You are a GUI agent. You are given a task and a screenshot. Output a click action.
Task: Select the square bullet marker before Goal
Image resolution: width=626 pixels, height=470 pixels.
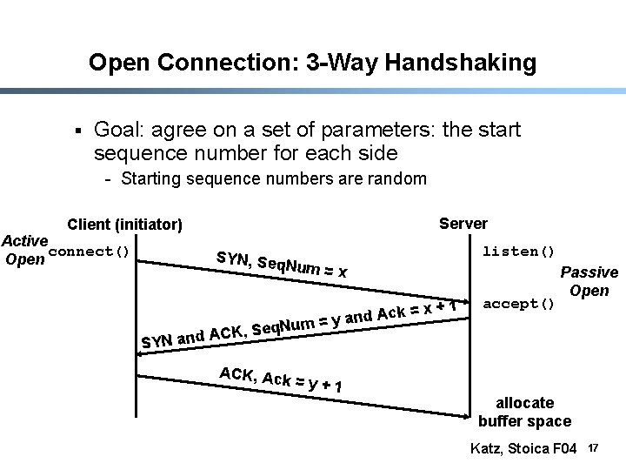tap(77, 131)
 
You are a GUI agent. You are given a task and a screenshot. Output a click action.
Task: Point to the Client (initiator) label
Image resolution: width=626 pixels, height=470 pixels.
tap(125, 225)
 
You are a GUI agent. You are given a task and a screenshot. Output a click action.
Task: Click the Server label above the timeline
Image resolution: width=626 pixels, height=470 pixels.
tap(463, 224)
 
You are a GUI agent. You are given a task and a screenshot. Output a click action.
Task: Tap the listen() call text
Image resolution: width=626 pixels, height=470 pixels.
tap(519, 252)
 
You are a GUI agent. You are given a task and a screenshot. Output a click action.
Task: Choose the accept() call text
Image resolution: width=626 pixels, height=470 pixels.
tap(519, 304)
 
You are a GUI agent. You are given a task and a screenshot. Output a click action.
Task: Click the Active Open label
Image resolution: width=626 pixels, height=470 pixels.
tap(24, 249)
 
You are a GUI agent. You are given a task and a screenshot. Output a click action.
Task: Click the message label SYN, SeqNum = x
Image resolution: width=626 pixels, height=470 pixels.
tap(282, 264)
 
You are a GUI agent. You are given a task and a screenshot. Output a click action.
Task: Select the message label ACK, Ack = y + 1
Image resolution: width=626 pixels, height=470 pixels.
tap(279, 379)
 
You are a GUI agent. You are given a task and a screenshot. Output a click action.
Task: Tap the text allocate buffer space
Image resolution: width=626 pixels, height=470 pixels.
tap(524, 412)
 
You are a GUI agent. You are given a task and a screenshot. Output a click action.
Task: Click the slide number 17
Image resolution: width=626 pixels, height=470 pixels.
tap(594, 448)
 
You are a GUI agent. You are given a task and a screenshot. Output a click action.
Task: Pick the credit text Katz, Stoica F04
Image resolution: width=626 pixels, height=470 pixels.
tap(523, 449)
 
